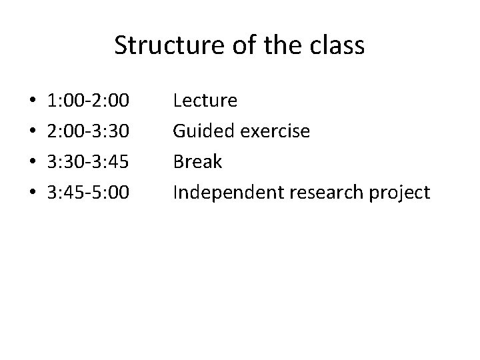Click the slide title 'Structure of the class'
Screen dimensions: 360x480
(x=239, y=46)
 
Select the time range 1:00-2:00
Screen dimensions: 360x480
(x=89, y=101)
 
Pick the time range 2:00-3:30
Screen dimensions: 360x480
(x=89, y=131)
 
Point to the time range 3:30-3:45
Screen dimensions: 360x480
(x=89, y=162)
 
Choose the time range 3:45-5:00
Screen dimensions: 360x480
(x=89, y=193)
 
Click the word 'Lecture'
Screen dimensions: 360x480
(x=205, y=101)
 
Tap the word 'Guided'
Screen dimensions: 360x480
(x=200, y=131)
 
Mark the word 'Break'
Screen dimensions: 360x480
(x=197, y=162)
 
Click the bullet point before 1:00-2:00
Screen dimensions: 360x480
(x=33, y=102)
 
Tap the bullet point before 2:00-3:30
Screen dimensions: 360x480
(x=33, y=132)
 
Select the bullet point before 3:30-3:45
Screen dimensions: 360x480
(x=33, y=163)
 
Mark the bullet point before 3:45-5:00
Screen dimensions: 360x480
(x=33, y=193)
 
